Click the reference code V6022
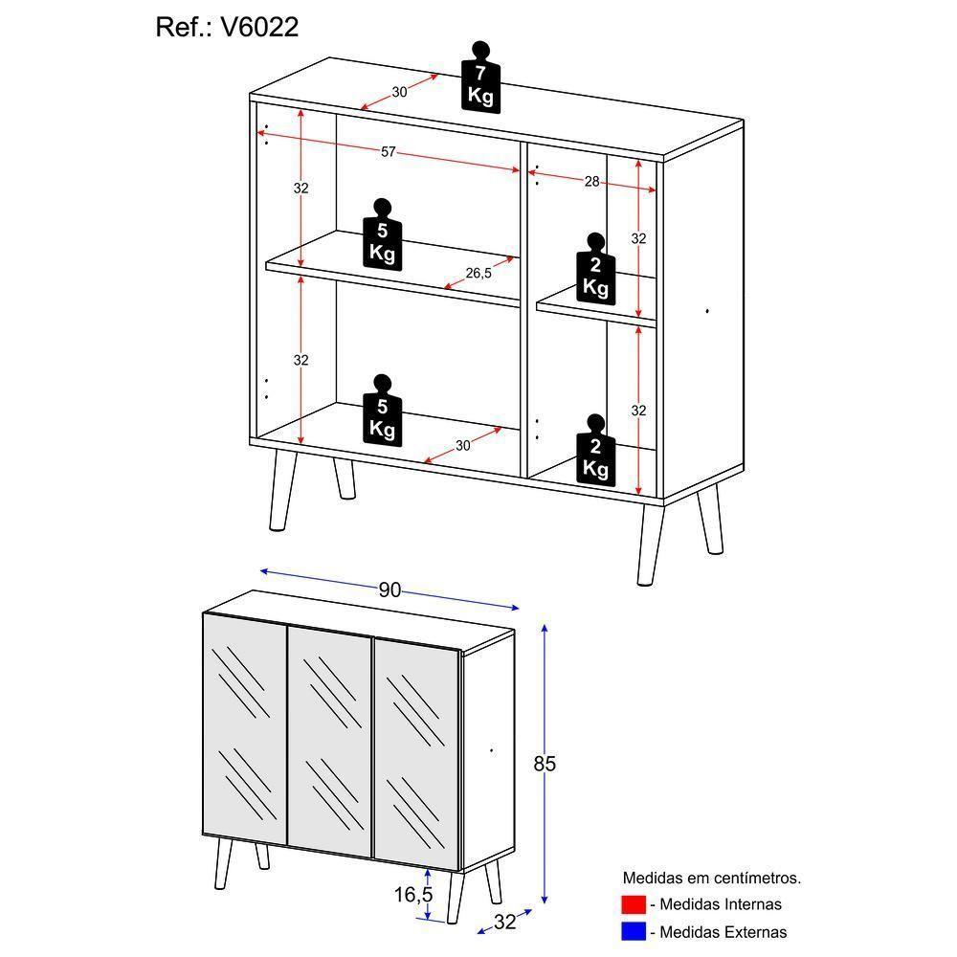click(259, 28)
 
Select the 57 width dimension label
click(389, 151)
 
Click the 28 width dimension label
click(591, 182)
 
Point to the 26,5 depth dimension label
click(478, 274)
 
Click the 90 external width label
click(389, 590)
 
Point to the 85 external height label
click(545, 764)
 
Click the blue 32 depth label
click(504, 923)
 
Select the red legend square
click(634, 904)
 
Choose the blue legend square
click(634, 931)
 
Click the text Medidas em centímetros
click(712, 878)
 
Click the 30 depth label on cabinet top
click(399, 93)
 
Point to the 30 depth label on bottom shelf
click(462, 445)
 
